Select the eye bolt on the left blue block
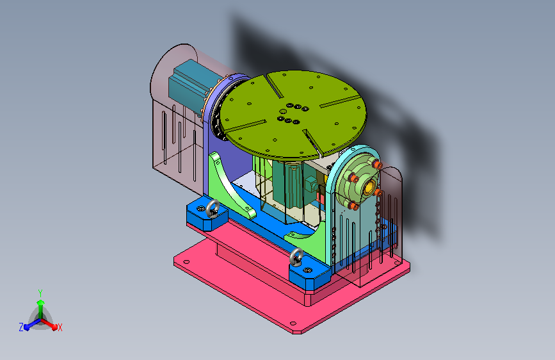point(213,208)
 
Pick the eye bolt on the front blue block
point(296,256)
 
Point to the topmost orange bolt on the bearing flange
point(377,165)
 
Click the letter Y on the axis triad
point(40,293)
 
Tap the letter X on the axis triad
point(60,327)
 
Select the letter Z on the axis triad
point(21,327)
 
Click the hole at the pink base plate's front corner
point(293,323)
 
